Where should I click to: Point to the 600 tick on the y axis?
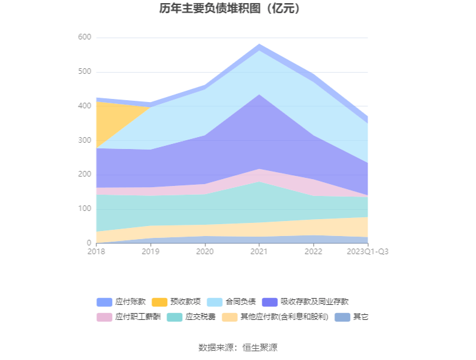point(85,38)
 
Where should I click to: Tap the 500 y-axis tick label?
point(85,72)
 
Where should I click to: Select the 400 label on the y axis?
point(85,106)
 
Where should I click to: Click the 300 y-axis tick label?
point(85,141)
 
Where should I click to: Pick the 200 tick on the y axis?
point(85,175)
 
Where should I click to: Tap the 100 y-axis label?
point(85,209)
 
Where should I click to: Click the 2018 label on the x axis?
point(96,252)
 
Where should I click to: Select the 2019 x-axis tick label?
point(150,252)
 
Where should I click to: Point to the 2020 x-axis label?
point(205,252)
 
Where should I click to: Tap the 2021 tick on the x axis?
point(259,252)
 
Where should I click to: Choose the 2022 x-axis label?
point(313,252)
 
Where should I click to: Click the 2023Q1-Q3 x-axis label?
point(368,252)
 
